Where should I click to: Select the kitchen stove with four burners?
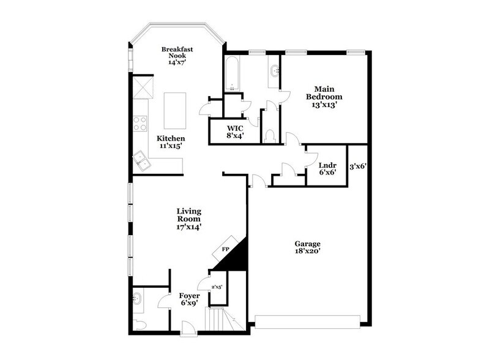pyautogui.click(x=140, y=122)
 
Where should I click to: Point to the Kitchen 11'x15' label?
pyautogui.click(x=171, y=142)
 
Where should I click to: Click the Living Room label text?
pyautogui.click(x=189, y=219)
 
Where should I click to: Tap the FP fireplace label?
pyautogui.click(x=225, y=250)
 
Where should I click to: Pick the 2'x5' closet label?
pyautogui.click(x=217, y=286)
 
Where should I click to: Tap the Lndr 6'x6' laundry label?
pyautogui.click(x=327, y=169)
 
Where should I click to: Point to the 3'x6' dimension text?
pyautogui.click(x=357, y=165)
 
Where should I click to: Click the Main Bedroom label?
pyautogui.click(x=324, y=96)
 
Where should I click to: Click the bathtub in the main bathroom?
pyautogui.click(x=233, y=75)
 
